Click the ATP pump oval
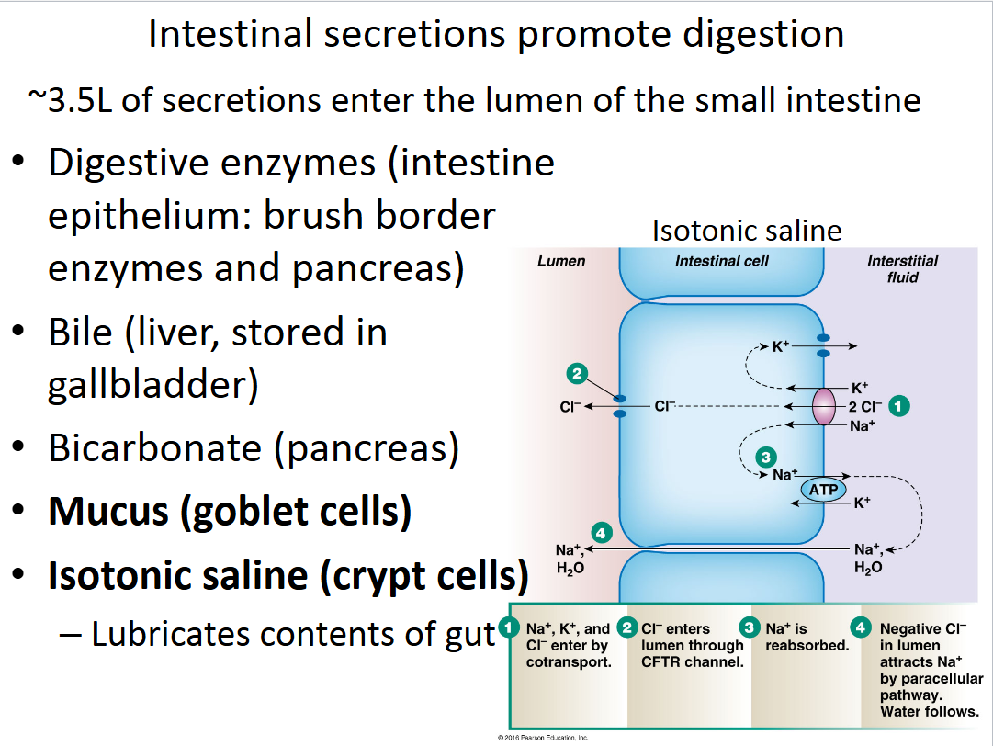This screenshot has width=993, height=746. pyautogui.click(x=823, y=490)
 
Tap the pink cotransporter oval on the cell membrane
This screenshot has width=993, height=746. pyautogui.click(x=825, y=405)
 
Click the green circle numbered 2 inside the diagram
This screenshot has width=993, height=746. pyautogui.click(x=577, y=373)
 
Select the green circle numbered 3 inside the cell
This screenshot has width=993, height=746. pyautogui.click(x=764, y=455)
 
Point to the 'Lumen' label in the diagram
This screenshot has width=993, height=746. pyautogui.click(x=561, y=261)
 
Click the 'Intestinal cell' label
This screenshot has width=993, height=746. pyautogui.click(x=722, y=261)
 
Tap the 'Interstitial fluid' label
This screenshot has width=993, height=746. pyautogui.click(x=902, y=268)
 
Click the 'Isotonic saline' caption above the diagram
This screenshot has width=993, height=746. pyautogui.click(x=747, y=230)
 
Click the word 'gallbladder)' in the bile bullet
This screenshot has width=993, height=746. pyautogui.click(x=152, y=386)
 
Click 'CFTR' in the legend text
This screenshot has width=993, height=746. pyautogui.click(x=660, y=661)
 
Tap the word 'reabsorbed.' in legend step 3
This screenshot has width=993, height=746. pyautogui.click(x=807, y=645)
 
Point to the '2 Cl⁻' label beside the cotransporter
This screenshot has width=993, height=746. pyautogui.click(x=865, y=405)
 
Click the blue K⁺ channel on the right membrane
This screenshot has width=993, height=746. pyautogui.click(x=824, y=345)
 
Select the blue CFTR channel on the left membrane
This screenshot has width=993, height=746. pyautogui.click(x=620, y=406)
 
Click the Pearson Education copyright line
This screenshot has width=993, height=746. pyautogui.click(x=542, y=738)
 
